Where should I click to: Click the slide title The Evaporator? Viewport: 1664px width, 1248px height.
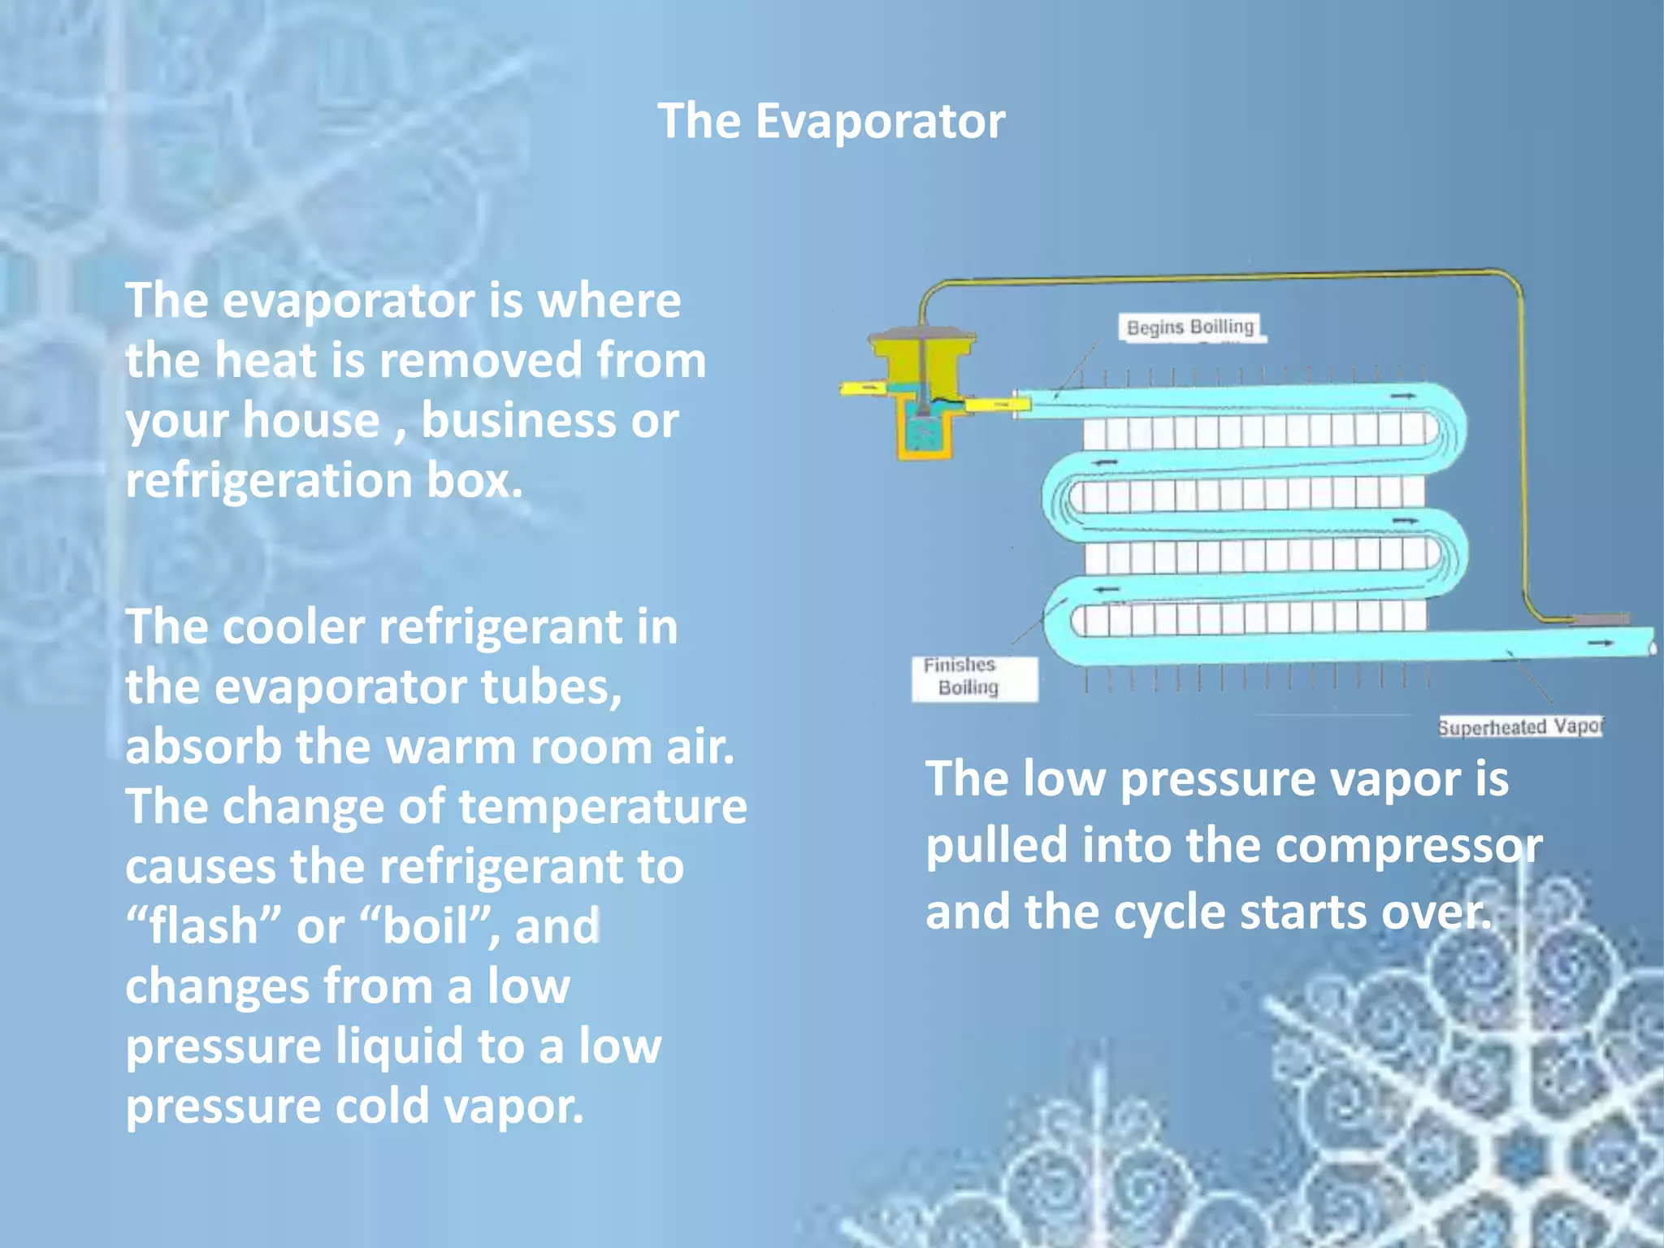831,121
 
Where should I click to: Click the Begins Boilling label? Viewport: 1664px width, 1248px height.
1190,327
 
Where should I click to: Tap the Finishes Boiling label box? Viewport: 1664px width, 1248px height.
974,678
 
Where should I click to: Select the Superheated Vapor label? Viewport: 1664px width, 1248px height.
1520,726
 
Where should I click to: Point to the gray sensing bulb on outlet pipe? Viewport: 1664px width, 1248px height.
1600,619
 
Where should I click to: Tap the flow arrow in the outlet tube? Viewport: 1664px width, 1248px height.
1600,643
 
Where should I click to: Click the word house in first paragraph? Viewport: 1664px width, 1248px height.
311,420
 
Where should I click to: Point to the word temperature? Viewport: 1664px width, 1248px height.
603,806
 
